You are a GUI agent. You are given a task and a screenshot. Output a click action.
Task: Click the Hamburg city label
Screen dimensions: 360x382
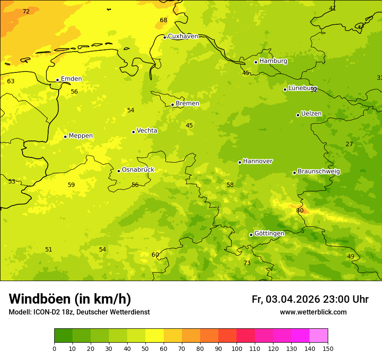273,61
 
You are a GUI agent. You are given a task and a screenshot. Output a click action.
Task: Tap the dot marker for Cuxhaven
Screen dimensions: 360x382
165,37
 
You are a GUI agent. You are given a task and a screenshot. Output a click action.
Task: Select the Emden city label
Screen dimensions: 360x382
71,79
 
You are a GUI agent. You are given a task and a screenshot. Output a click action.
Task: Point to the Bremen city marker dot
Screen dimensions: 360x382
172,105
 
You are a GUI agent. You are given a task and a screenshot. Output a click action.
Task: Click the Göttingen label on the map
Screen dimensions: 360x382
269,233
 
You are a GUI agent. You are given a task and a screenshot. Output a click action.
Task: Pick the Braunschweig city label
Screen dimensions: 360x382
319,172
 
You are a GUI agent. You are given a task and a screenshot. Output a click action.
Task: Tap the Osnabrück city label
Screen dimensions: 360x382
138,170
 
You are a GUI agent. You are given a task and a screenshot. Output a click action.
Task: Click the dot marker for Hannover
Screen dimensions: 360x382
240,162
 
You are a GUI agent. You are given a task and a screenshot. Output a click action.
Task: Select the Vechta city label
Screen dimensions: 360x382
147,131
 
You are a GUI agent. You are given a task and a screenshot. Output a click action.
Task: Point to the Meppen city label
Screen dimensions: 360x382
81,136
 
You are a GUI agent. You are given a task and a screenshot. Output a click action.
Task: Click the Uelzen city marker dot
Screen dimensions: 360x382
298,115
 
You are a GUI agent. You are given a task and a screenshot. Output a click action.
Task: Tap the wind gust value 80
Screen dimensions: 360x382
300,211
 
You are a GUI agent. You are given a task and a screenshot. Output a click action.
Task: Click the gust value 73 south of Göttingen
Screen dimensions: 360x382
247,263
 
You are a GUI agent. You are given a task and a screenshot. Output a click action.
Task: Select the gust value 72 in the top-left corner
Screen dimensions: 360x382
26,12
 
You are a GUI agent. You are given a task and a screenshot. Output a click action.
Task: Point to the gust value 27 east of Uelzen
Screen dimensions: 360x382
349,144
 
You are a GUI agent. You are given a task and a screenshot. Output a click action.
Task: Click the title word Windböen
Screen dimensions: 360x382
40,299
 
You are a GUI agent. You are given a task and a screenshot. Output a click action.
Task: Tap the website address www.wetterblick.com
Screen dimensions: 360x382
313,312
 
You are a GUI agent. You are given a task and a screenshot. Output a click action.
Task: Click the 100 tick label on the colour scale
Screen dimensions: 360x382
237,348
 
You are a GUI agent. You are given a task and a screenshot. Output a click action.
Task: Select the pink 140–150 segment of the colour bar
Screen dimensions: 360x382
319,336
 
